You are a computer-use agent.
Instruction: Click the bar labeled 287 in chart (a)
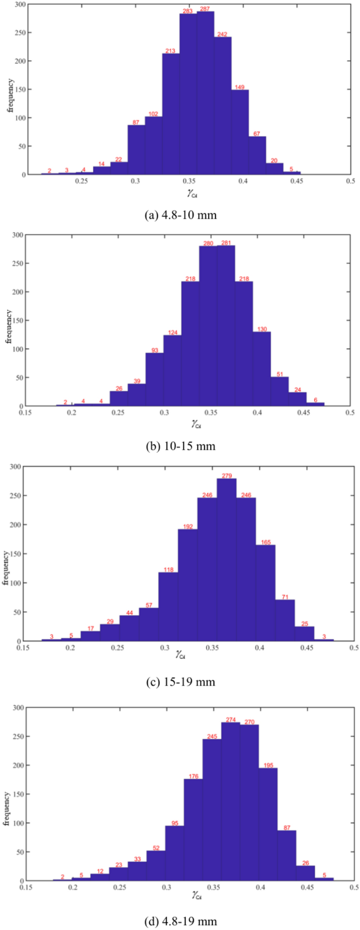click(x=205, y=95)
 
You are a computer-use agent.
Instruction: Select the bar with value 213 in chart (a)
click(x=171, y=116)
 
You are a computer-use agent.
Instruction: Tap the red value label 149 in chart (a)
click(x=240, y=87)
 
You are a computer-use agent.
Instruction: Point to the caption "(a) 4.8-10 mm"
click(x=180, y=215)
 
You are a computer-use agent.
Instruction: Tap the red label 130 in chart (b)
click(x=262, y=329)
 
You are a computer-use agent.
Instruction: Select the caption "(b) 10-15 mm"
click(x=180, y=446)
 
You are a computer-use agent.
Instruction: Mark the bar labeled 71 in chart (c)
click(x=285, y=620)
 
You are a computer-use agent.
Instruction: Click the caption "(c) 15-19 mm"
click(x=180, y=682)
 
